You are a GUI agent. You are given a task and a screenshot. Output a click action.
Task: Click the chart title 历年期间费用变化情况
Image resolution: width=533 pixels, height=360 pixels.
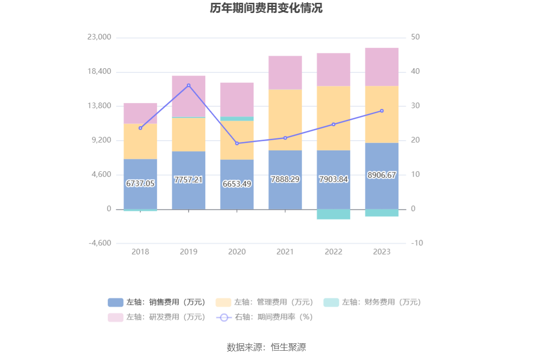pos(266,8)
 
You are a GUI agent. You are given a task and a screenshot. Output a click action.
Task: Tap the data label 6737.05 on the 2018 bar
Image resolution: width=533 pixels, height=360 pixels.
pos(140,183)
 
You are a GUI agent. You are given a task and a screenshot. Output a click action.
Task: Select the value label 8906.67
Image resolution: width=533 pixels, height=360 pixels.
pos(382,175)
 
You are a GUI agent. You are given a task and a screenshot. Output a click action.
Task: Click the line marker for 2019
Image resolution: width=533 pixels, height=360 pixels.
pos(188,85)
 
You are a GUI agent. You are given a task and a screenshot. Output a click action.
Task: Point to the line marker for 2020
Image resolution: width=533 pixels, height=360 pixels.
pos(237,143)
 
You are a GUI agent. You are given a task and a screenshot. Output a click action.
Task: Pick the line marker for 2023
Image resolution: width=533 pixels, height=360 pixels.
pos(382,111)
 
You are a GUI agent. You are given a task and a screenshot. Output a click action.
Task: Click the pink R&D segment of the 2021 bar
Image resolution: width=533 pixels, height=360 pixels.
pos(285,73)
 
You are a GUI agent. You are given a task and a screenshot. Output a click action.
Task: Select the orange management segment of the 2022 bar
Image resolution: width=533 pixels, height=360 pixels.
pos(333,118)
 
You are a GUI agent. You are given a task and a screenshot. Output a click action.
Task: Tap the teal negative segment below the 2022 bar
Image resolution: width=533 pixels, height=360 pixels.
pos(333,214)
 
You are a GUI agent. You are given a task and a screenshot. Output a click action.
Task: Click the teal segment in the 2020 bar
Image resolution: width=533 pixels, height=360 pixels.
pos(237,119)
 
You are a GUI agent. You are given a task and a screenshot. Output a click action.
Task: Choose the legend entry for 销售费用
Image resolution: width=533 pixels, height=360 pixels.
pos(157,302)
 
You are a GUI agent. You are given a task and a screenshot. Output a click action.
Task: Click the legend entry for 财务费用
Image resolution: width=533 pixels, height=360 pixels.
pos(372,302)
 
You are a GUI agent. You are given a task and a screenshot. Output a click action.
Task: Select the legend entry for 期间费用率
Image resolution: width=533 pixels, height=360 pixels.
pos(265,317)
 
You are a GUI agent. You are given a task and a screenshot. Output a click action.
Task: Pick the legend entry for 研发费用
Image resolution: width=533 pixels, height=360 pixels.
pos(157,317)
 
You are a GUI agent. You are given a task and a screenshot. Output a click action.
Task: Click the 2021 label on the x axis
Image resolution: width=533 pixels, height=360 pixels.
pos(285,251)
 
